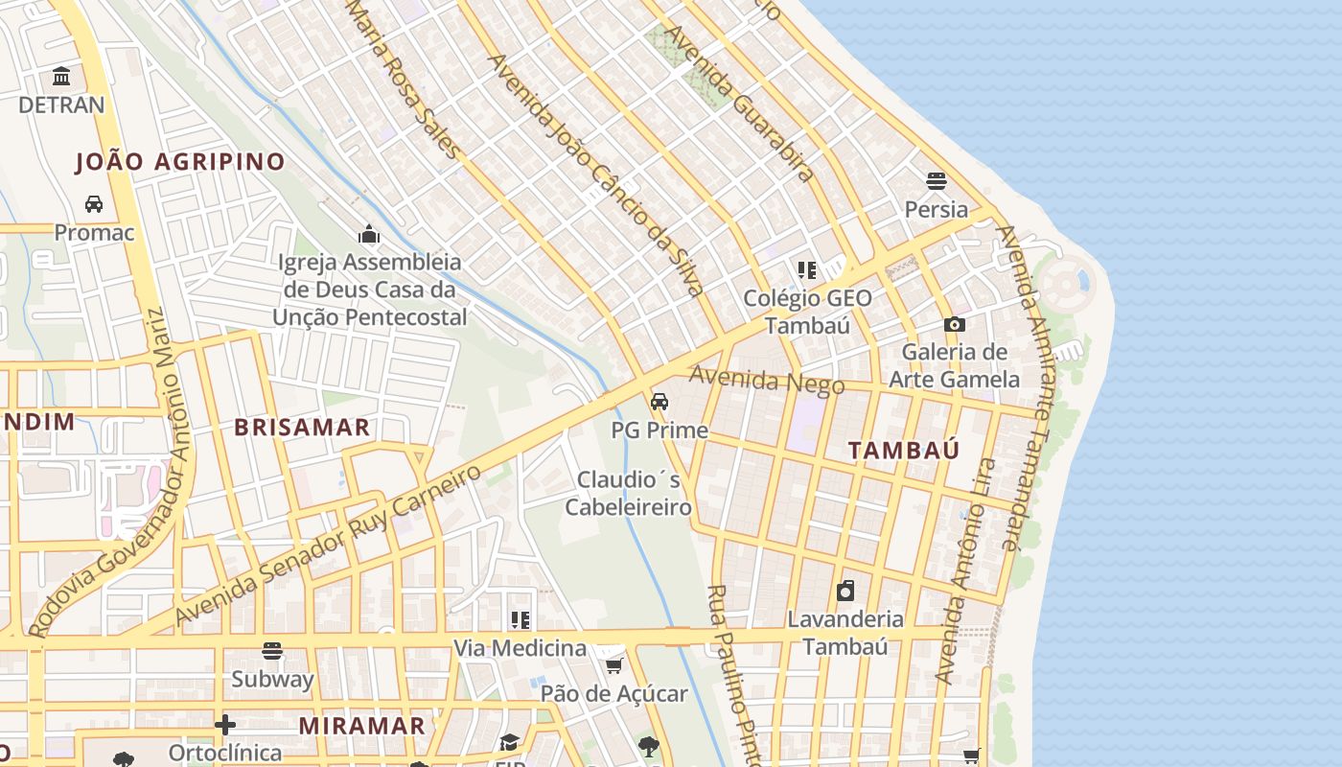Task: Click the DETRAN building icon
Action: pyautogui.click(x=62, y=76)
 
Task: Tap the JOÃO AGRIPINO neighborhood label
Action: pyautogui.click(x=180, y=161)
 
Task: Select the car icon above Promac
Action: pyautogui.click(x=94, y=203)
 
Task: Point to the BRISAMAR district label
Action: pyautogui.click(x=302, y=428)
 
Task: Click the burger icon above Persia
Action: pyautogui.click(x=937, y=180)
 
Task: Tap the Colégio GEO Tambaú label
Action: pyautogui.click(x=807, y=312)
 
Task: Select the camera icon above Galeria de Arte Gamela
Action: pyautogui.click(x=954, y=324)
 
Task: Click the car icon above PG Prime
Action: pyautogui.click(x=659, y=401)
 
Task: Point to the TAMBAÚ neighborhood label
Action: pyautogui.click(x=904, y=451)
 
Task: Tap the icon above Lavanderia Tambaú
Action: pyautogui.click(x=845, y=590)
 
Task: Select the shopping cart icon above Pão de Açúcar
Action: pyautogui.click(x=613, y=664)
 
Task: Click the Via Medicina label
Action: pyautogui.click(x=520, y=648)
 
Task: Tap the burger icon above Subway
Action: pyautogui.click(x=272, y=650)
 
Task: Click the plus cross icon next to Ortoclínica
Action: pyautogui.click(x=225, y=725)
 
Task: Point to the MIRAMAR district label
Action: pyautogui.click(x=361, y=726)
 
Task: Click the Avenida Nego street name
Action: pyautogui.click(x=767, y=382)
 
